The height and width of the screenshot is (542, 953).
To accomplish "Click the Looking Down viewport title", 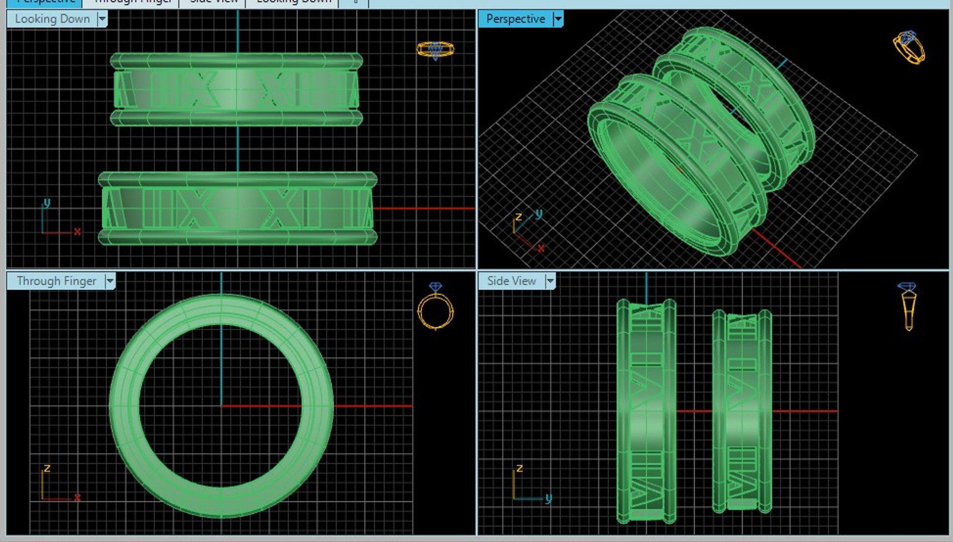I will click(x=52, y=19).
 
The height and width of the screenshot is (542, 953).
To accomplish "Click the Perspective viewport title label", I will click(x=515, y=19).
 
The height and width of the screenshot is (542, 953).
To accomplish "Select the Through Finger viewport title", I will click(x=56, y=281).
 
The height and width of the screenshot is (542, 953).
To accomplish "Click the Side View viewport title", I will click(x=511, y=281).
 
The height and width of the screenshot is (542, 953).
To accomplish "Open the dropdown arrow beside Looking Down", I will click(x=102, y=19).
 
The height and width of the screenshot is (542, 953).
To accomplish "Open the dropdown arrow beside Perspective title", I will click(x=558, y=19).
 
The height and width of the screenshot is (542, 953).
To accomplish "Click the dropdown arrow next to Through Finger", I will click(x=110, y=281).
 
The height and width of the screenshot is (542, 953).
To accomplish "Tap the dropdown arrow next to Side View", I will click(x=550, y=281).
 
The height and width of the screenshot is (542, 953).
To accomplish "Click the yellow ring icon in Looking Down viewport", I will click(x=435, y=50).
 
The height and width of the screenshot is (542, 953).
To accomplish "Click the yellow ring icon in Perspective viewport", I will click(x=909, y=48).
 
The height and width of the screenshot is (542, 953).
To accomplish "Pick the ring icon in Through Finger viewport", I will click(x=435, y=307).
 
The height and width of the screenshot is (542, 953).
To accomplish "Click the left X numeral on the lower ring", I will click(x=197, y=208).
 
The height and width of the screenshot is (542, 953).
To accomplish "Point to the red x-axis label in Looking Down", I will click(x=77, y=231).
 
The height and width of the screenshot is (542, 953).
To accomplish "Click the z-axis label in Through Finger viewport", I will click(x=47, y=468).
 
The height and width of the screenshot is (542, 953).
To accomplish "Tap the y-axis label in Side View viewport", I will click(x=549, y=498).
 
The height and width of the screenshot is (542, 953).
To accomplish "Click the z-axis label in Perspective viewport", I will click(x=518, y=217).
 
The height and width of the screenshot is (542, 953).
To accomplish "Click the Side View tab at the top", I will click(x=213, y=2).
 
